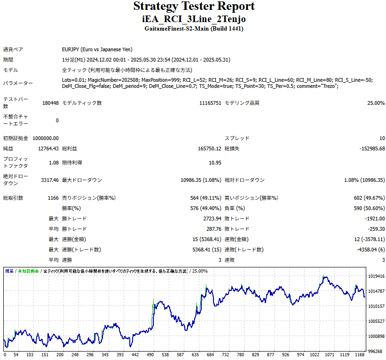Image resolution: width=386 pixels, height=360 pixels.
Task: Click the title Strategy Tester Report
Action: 194,7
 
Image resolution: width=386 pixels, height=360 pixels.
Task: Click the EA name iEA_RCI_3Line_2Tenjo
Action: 194,19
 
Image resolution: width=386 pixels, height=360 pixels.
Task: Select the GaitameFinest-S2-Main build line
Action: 194,29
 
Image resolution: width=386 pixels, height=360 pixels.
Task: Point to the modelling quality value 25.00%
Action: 376,103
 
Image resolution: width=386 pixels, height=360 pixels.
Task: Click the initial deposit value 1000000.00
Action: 46,138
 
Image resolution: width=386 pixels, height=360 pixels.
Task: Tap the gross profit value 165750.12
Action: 209,149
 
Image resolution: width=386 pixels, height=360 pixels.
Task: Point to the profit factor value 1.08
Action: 53,163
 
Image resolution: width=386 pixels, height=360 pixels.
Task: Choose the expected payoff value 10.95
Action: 215,163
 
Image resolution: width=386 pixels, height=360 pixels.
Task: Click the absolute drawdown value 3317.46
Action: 50,180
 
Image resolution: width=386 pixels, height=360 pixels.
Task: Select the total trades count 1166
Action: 53,198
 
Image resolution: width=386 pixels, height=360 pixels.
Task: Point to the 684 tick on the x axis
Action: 210,355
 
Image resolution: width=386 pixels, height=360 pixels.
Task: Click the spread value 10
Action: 382,138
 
